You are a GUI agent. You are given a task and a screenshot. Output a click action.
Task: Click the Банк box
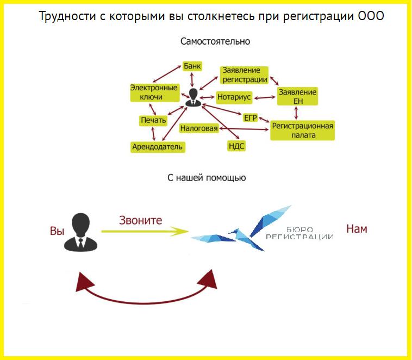pos(192,66)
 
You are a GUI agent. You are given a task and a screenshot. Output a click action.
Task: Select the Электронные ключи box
pos(154,92)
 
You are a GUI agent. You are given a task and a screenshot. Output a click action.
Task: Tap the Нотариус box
pos(234,97)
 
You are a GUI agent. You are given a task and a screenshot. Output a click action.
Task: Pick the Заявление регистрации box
pos(245,75)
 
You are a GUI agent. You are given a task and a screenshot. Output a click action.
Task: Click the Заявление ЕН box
pos(297,96)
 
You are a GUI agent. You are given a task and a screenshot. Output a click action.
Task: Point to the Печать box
pos(153,120)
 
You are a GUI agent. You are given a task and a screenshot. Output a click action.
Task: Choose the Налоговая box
pos(199,128)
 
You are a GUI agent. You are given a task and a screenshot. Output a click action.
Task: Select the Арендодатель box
pos(158,147)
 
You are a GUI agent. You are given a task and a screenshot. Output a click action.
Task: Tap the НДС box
pos(236,146)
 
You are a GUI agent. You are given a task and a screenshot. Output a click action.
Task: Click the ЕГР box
pos(251,118)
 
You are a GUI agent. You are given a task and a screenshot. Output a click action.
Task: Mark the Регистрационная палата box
pos(302,131)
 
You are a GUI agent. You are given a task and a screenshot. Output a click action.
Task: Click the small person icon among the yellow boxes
pos(193,97)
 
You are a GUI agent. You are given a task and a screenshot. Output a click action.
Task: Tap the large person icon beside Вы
pos(80,232)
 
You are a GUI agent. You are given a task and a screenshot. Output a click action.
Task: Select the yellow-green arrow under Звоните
pos(145,231)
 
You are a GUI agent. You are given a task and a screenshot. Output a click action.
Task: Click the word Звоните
pos(141,220)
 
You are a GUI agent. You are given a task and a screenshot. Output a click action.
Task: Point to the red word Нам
pos(357,229)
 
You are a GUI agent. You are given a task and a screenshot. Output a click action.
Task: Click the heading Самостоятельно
pos(215,41)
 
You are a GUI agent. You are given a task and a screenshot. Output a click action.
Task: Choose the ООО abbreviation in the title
pos(371,16)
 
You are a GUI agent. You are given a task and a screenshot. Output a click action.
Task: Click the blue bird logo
pos(241,228)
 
